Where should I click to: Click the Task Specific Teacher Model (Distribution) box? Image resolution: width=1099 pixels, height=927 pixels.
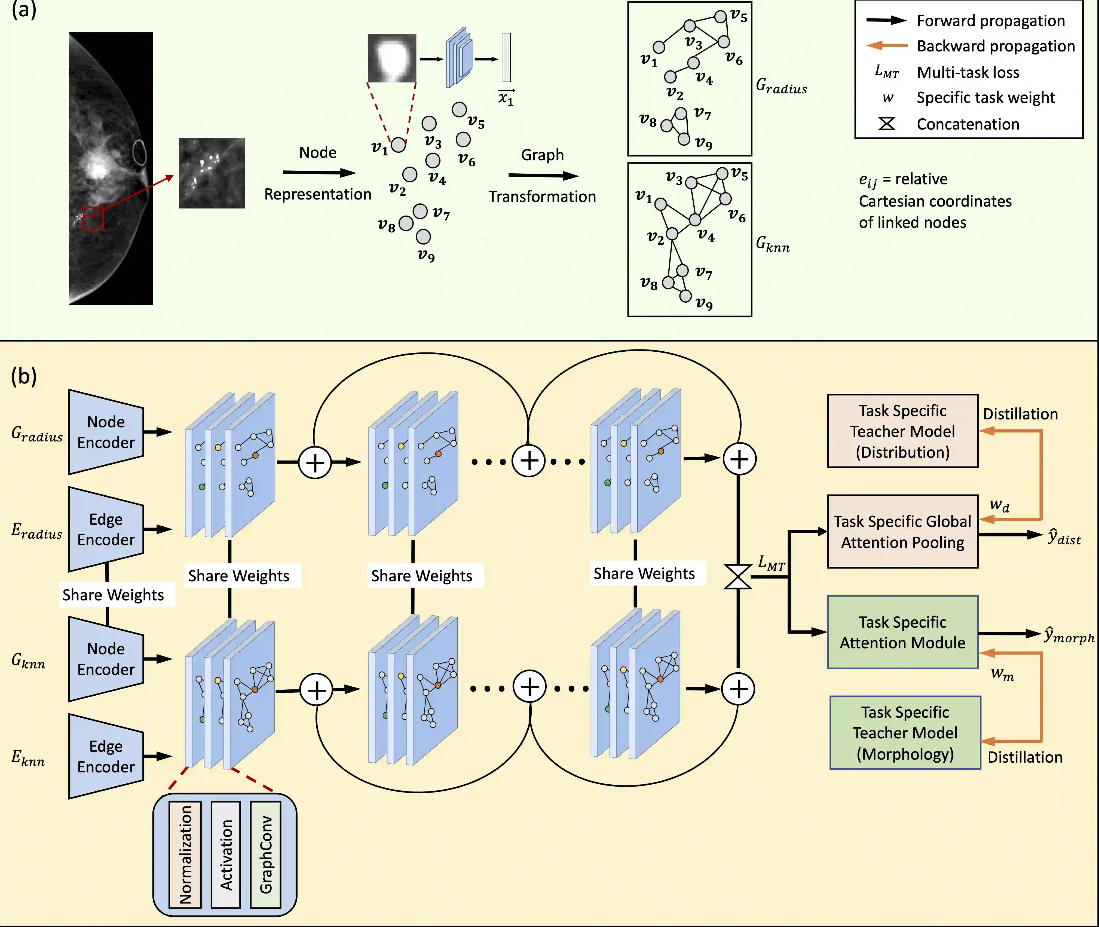click(x=902, y=431)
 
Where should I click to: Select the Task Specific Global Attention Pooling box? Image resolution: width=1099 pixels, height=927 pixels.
click(x=902, y=531)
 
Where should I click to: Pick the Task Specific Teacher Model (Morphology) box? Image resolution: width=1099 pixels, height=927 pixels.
click(x=905, y=733)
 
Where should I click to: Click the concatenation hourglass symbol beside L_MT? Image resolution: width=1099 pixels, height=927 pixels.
click(x=738, y=577)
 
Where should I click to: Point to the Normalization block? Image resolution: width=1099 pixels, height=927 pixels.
click(x=185, y=855)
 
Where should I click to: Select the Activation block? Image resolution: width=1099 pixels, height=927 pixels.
click(x=225, y=855)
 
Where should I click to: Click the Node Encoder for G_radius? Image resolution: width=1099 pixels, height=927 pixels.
click(x=106, y=432)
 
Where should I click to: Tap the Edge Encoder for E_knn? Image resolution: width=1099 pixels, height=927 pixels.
click(x=106, y=756)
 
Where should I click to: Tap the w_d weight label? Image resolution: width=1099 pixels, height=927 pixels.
click(x=999, y=505)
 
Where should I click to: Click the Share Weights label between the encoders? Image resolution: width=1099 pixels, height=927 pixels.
click(x=113, y=595)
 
